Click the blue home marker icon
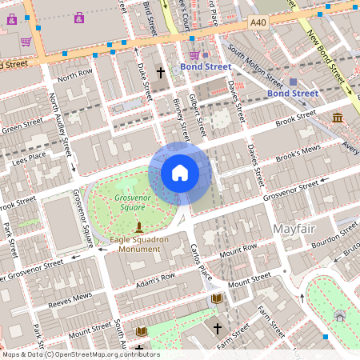click(180, 173)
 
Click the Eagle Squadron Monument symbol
click(139, 228)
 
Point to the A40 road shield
click(258, 23)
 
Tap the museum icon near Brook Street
click(338, 118)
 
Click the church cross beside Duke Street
click(160, 73)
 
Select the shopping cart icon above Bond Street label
click(194, 54)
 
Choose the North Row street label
click(75, 74)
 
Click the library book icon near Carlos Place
click(216, 298)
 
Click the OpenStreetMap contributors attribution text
click(80, 354)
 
